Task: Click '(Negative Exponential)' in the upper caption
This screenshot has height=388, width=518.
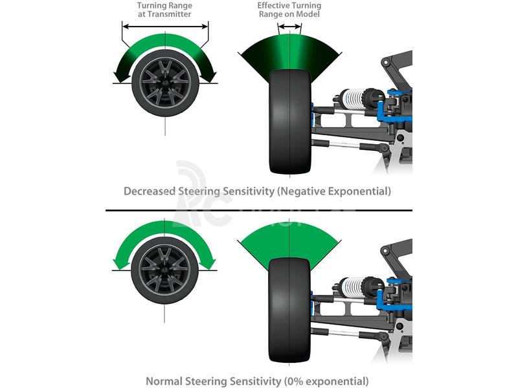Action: coord(337,191)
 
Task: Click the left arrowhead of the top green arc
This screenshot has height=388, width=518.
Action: coord(120,77)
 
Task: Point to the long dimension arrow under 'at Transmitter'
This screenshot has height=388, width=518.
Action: coord(165,27)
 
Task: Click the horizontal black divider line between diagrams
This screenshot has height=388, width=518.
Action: coord(259,210)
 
